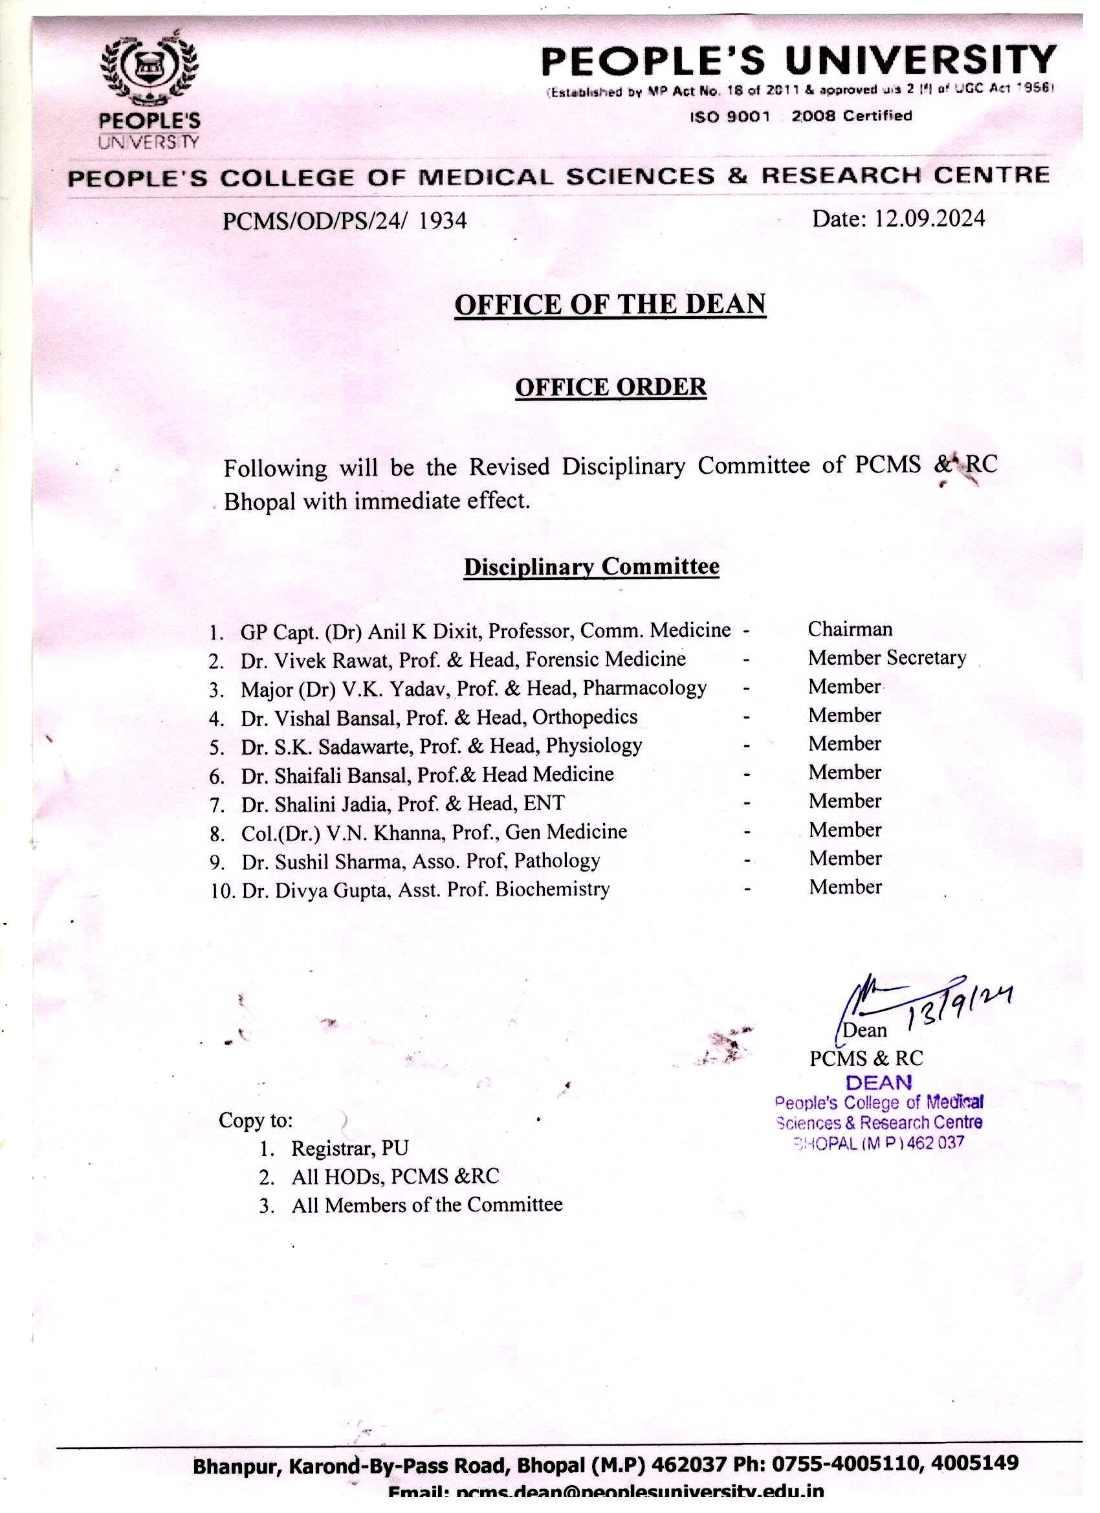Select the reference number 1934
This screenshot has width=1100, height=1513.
443,221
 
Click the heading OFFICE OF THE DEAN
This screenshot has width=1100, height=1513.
610,304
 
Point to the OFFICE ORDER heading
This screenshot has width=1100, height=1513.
610,387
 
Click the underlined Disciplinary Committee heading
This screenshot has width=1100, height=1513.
591,566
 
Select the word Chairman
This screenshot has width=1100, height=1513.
849,629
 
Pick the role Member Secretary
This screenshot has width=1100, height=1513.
886,657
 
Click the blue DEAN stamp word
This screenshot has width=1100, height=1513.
879,1082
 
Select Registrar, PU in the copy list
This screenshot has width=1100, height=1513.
349,1148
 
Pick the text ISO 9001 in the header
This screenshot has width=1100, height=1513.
730,116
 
